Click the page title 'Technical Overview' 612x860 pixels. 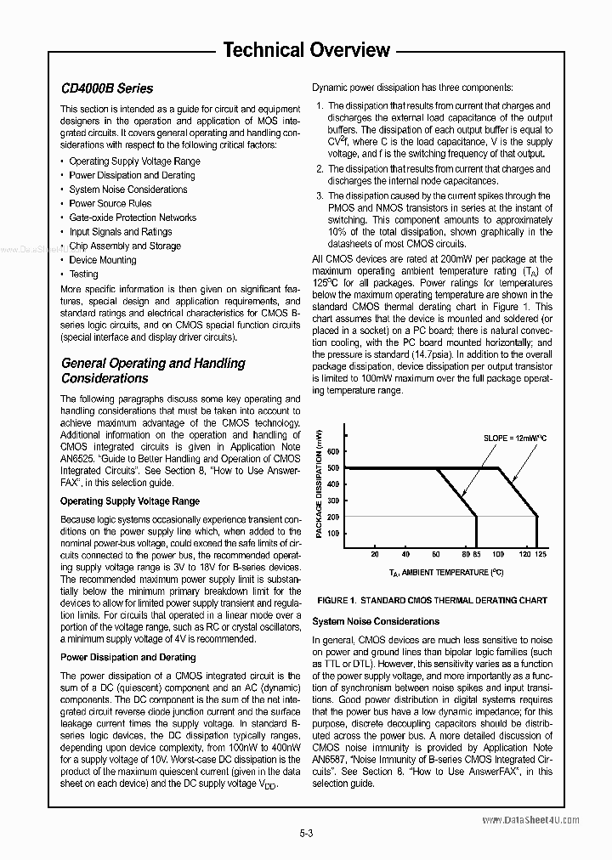306,50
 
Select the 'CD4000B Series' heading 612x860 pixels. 107,88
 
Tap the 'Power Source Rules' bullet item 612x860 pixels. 110,204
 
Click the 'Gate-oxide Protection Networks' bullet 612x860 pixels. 133,218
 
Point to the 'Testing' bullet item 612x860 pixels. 83,274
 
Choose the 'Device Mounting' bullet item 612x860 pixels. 102,260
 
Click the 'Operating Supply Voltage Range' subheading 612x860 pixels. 130,501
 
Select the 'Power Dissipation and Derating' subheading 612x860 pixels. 128,657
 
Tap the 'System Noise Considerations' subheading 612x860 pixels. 376,621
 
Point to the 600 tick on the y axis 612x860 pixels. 332,452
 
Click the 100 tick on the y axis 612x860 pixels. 332,533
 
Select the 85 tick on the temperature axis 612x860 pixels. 477,554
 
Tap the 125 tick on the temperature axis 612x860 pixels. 541,554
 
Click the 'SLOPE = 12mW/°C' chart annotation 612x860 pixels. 516,438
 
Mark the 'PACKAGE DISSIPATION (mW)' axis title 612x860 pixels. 319,482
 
